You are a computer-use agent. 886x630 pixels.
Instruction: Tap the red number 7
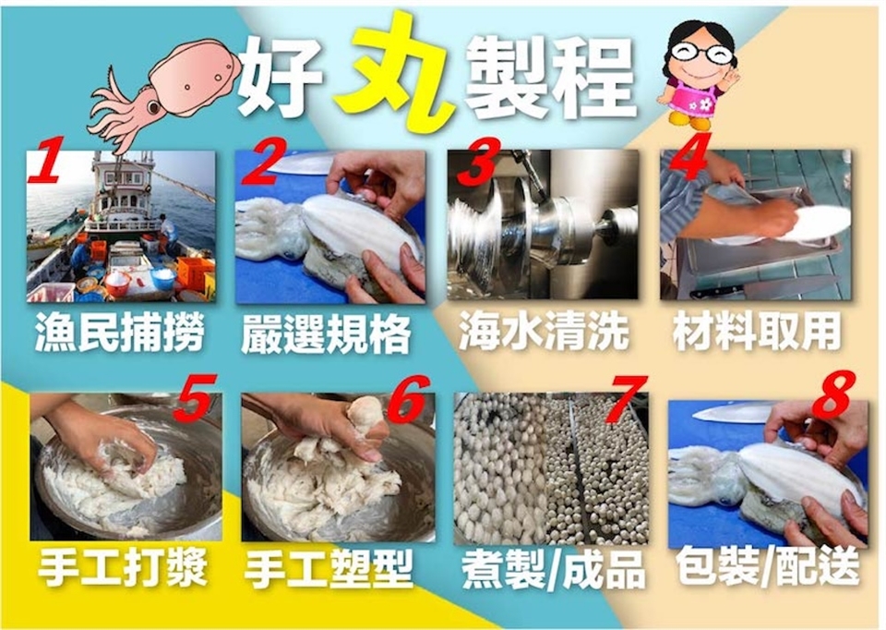click(626, 399)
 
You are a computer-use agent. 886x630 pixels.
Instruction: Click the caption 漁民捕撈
click(119, 333)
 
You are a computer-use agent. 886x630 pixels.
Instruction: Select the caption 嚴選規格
click(326, 333)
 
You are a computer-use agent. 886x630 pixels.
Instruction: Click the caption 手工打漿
click(123, 567)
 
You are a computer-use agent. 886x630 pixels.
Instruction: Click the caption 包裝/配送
click(769, 566)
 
